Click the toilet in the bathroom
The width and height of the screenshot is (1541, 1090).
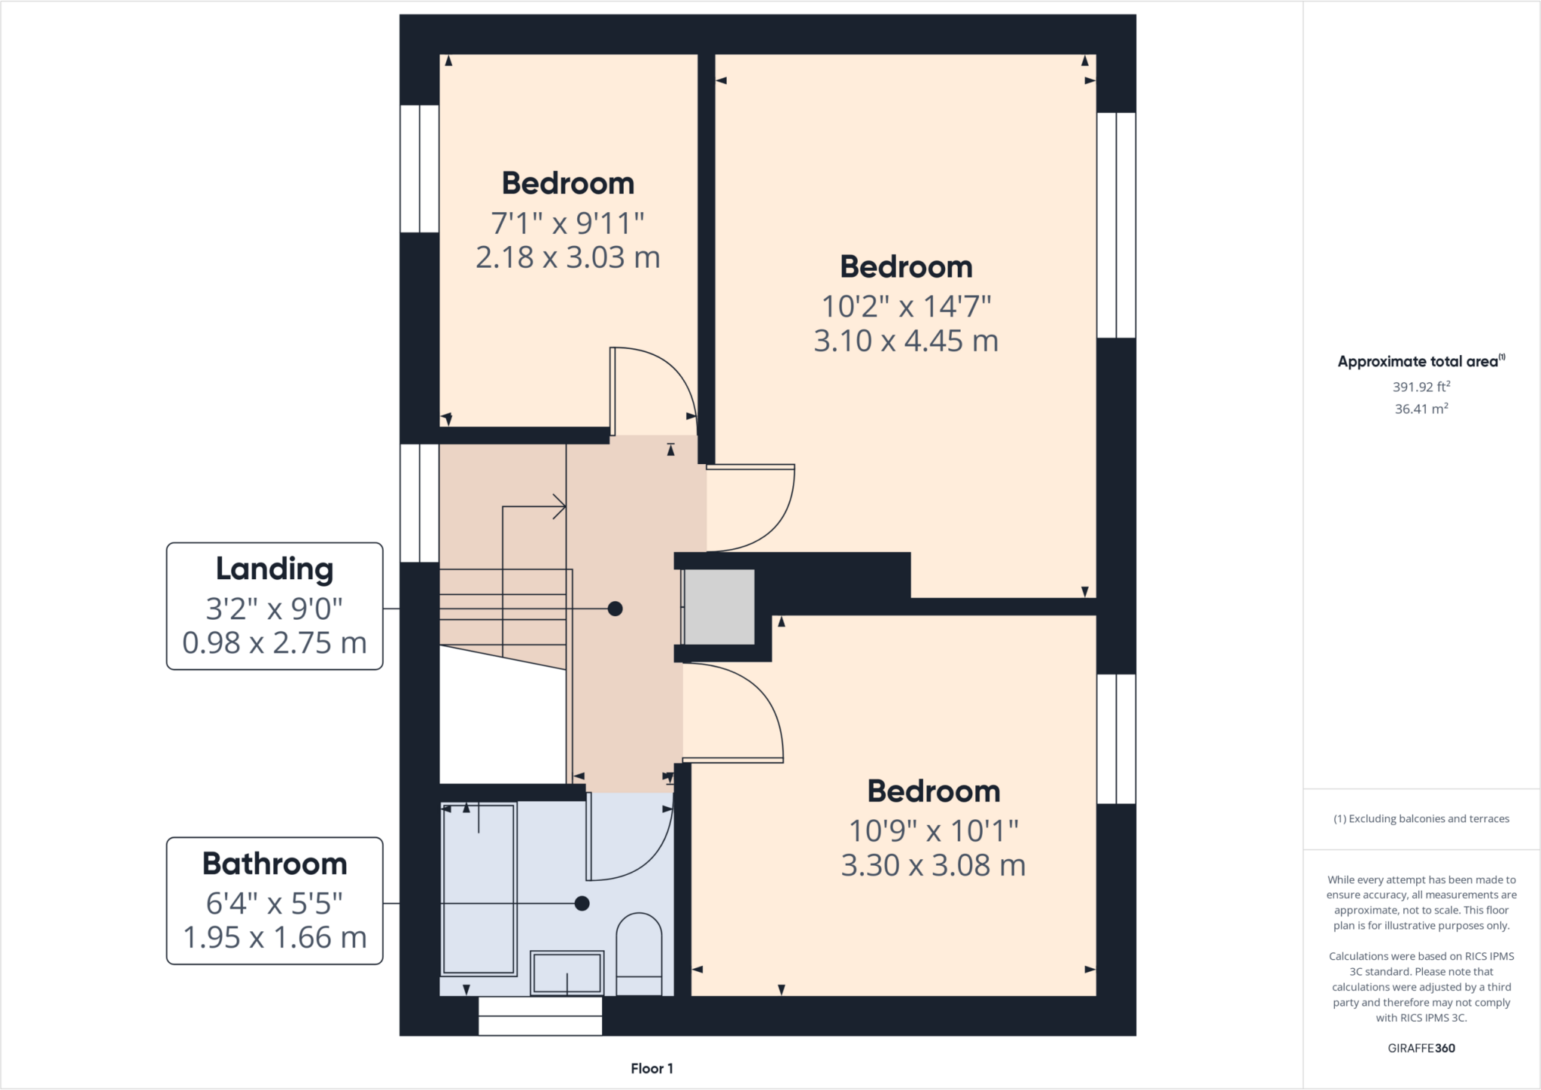click(639, 952)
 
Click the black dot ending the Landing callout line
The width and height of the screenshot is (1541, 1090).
click(615, 609)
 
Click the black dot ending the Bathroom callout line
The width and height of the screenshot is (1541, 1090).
click(582, 903)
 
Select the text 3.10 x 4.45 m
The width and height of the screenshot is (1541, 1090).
click(906, 341)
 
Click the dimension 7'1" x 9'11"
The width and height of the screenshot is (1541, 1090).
click(567, 223)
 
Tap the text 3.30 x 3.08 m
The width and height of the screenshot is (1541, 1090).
click(933, 865)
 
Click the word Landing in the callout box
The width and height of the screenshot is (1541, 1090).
click(275, 569)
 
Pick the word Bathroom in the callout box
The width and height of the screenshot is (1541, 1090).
click(275, 864)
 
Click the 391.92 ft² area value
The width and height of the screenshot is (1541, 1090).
click(1421, 387)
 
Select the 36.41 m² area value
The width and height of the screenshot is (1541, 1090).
click(1421, 408)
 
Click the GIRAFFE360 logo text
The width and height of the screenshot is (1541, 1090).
click(1421, 1048)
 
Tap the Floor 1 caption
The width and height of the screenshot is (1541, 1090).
click(652, 1068)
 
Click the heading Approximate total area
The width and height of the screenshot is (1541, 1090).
click(1418, 362)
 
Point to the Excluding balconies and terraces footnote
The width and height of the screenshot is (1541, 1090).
click(1421, 818)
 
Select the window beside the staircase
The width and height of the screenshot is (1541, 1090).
click(419, 502)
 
